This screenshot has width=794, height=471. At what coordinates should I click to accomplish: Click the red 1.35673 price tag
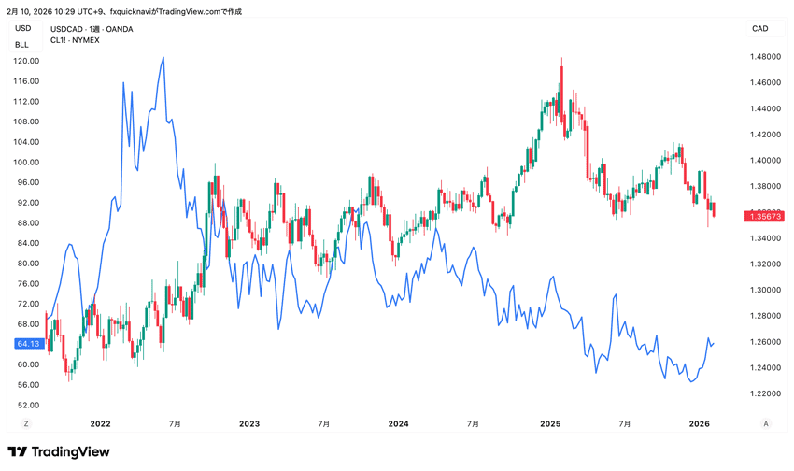pos(763,216)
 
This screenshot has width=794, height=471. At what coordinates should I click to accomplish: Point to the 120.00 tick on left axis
pos(26,61)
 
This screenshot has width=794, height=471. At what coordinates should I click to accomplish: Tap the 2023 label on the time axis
pos(249,423)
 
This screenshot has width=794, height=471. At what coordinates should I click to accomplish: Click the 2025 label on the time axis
pos(549,423)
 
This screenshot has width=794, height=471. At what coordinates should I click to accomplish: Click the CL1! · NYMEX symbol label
pos(77,40)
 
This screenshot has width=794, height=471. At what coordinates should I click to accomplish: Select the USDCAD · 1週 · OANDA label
pos(92,29)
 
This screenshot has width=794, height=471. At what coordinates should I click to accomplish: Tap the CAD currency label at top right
pos(759,29)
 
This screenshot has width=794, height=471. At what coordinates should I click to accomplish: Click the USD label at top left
pos(22,29)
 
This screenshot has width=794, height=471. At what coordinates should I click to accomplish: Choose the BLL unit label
pos(22,45)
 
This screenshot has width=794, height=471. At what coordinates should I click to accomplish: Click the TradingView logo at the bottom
pos(59,452)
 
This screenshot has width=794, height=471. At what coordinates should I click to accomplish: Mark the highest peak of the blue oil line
pos(163,57)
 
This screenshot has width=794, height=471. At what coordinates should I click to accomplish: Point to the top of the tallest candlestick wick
pos(561,58)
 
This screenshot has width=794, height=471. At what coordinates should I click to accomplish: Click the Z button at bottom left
pos(26,423)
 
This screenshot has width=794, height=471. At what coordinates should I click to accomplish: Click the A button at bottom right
pos(766,423)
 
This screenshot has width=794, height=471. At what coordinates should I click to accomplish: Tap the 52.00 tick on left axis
pos(26,405)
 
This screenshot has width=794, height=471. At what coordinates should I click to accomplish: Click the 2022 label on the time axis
pos(101,423)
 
